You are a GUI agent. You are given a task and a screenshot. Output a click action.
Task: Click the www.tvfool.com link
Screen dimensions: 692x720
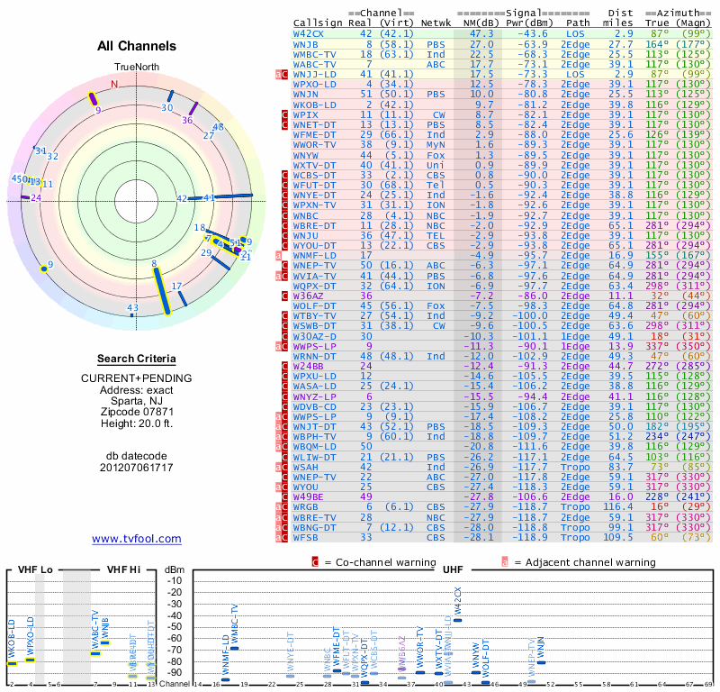[137, 539]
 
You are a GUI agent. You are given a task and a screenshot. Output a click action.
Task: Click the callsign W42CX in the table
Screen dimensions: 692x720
[309, 33]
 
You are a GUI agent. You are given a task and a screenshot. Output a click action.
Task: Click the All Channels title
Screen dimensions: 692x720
[136, 47]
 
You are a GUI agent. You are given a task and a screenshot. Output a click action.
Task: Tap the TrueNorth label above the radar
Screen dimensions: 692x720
[136, 68]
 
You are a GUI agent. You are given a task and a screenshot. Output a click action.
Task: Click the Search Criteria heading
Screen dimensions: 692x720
[136, 359]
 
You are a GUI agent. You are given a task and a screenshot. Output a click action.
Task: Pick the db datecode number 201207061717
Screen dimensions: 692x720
[136, 467]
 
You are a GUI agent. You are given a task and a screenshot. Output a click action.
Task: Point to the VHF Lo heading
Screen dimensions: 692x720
[34, 569]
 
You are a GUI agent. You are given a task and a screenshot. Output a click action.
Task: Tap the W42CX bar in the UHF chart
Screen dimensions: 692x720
[457, 620]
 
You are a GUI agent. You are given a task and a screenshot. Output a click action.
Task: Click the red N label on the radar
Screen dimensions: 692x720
[114, 84]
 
